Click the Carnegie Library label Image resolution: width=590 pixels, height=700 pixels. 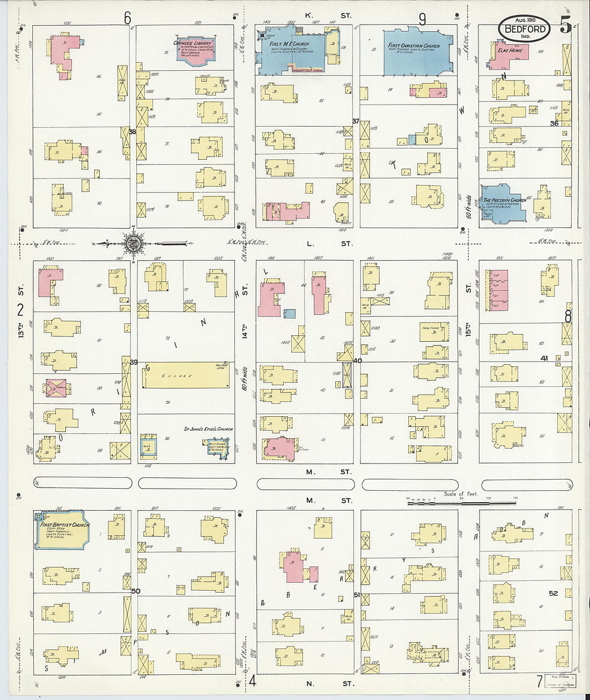193,43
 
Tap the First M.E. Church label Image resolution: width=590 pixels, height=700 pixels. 285,45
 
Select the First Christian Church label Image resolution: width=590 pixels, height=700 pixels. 414,46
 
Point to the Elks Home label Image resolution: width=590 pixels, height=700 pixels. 510,50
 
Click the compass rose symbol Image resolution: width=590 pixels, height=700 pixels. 132,244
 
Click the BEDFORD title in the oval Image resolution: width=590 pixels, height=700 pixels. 525,29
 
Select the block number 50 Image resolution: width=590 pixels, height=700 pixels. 136,591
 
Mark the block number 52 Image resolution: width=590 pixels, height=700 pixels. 553,593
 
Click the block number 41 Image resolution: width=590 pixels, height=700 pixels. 544,358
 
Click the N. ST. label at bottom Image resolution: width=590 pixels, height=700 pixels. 329,684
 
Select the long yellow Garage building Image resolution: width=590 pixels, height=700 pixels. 186,374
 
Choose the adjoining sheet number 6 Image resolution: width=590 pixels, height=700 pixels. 127,18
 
